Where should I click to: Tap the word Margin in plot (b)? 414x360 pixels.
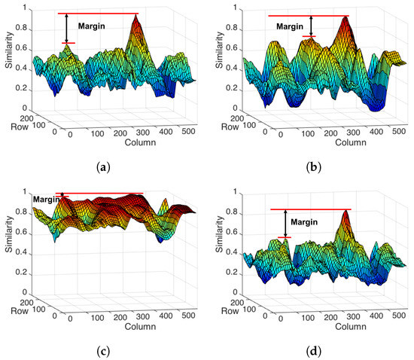290,26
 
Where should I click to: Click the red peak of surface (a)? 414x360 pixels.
136,20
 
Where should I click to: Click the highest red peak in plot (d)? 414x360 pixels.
346,213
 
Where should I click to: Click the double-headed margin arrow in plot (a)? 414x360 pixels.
66,29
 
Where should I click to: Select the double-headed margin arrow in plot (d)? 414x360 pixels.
284,223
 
